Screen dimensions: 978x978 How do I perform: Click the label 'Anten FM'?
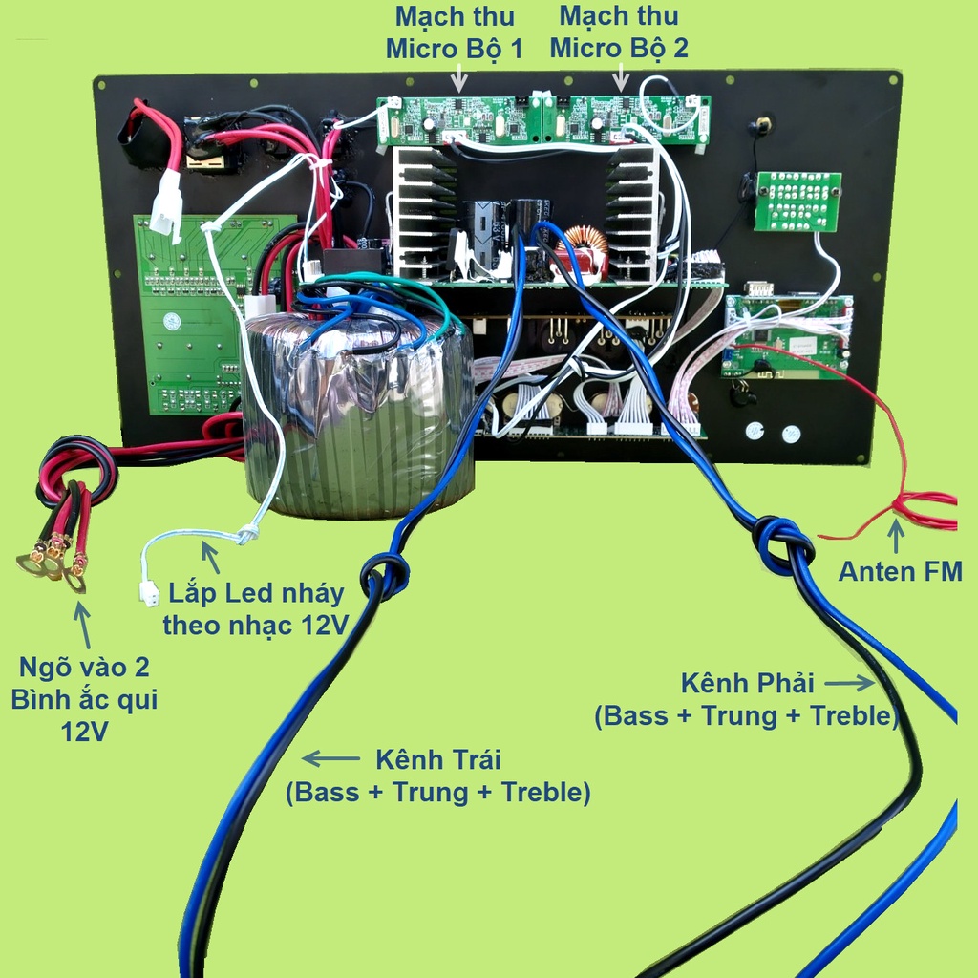pyautogui.click(x=900, y=571)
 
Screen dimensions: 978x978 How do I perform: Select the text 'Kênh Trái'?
pyautogui.click(x=437, y=759)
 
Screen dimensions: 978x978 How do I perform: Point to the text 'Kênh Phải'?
pyautogui.click(x=747, y=683)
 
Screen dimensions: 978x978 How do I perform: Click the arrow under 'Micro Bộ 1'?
pyautogui.click(x=458, y=80)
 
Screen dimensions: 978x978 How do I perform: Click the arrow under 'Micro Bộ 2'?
pyautogui.click(x=621, y=79)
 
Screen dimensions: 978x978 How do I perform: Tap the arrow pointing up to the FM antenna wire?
pyautogui.click(x=896, y=537)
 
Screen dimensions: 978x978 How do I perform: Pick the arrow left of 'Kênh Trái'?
pyautogui.click(x=330, y=758)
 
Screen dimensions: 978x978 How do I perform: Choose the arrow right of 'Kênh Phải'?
pyautogui.click(x=849, y=683)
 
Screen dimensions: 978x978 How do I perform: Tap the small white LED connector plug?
pyautogui.click(x=150, y=594)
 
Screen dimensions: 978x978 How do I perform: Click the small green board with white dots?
pyautogui.click(x=797, y=201)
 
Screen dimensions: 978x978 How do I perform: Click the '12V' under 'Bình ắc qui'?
pyautogui.click(x=84, y=732)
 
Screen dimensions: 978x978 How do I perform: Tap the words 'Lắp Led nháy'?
pyautogui.click(x=256, y=592)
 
